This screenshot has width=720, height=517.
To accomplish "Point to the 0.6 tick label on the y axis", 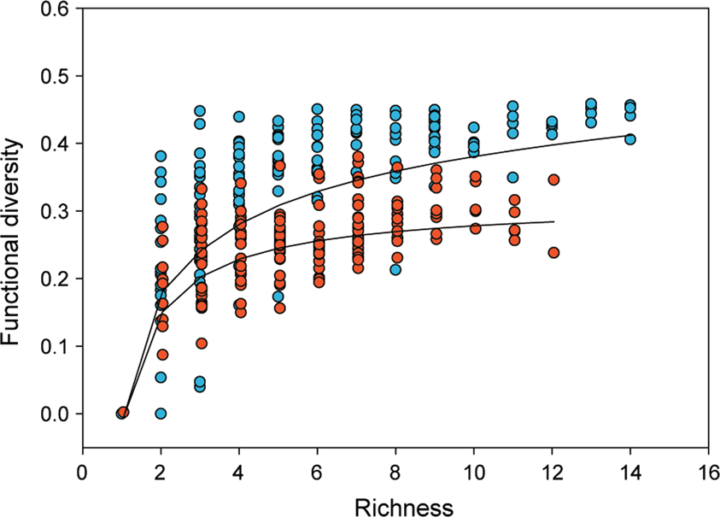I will click(57, 9).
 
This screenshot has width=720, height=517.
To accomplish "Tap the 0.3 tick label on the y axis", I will click(57, 211).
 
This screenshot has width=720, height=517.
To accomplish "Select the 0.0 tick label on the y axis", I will click(57, 414).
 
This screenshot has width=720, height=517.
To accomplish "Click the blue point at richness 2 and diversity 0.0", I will click(161, 414).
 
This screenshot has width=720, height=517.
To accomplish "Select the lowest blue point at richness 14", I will click(630, 139).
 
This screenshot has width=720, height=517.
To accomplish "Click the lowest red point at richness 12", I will click(553, 252).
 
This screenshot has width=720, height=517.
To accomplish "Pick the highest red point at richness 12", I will click(553, 179).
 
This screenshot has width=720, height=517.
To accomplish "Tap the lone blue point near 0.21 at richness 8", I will click(396, 269).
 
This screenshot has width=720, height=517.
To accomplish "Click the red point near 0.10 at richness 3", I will click(201, 344).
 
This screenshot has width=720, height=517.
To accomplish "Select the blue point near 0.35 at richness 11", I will click(513, 178).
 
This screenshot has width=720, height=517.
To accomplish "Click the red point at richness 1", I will click(124, 413).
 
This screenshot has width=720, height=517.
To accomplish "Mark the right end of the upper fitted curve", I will click(631, 135).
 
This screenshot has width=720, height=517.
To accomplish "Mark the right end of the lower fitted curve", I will click(553, 221).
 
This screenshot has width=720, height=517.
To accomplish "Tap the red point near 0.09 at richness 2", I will click(162, 354).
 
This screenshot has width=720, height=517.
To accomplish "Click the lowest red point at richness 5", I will click(278, 308).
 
